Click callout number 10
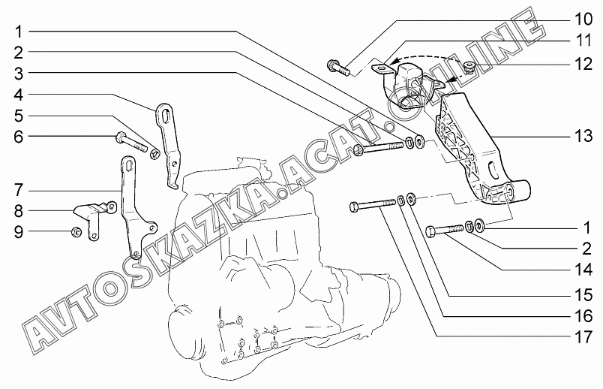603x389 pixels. click(x=583, y=20)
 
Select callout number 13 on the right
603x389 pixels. click(x=583, y=136)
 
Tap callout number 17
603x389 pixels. click(x=583, y=337)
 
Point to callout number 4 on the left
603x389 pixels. click(x=19, y=95)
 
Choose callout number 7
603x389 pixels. click(x=19, y=190)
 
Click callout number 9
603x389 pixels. click(x=19, y=232)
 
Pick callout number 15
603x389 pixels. click(x=583, y=295)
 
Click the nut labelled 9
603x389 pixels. click(x=76, y=232)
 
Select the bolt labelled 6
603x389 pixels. click(x=131, y=141)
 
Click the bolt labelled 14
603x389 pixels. click(x=445, y=231)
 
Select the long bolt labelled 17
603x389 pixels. click(x=373, y=205)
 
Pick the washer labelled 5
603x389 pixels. click(x=155, y=154)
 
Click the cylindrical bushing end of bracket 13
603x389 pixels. click(x=517, y=191)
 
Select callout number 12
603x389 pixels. click(x=583, y=64)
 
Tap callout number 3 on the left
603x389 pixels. click(x=19, y=73)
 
